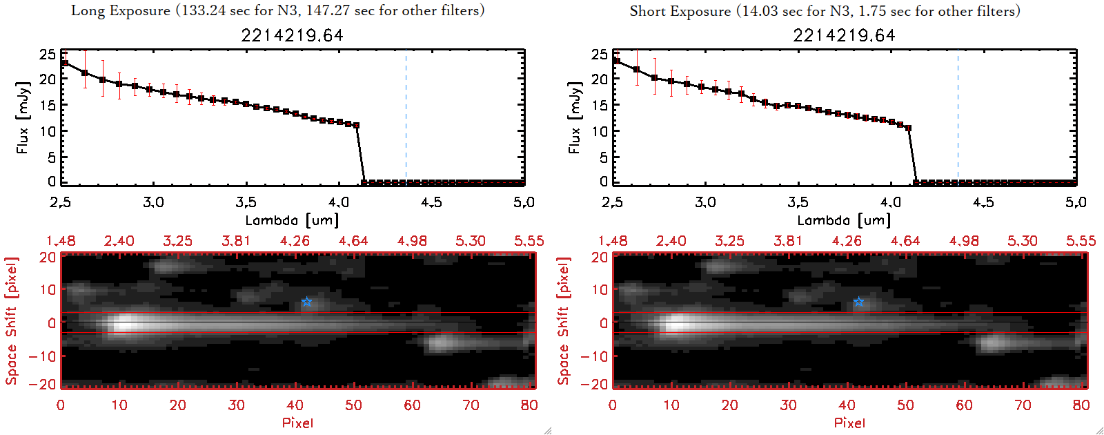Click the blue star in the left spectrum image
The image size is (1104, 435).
pyautogui.click(x=306, y=302)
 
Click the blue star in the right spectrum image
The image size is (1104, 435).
pyautogui.click(x=858, y=302)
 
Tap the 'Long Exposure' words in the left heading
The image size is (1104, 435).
pyautogui.click(x=121, y=10)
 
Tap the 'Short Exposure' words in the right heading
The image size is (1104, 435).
pyautogui.click(x=680, y=11)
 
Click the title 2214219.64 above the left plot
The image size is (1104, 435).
pyautogui.click(x=292, y=35)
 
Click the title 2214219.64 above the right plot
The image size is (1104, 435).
pyautogui.click(x=844, y=35)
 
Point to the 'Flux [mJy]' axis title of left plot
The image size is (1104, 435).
pyautogui.click(x=23, y=117)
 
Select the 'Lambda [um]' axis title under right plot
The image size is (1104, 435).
pyautogui.click(x=844, y=221)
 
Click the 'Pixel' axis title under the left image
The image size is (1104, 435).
pyautogui.click(x=297, y=423)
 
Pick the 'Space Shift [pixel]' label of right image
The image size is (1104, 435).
pyautogui.click(x=564, y=321)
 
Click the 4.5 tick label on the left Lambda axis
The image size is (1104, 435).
pyautogui.click(x=431, y=202)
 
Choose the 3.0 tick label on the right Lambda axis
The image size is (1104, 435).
pyautogui.click(x=705, y=202)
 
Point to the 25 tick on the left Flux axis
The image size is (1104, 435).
pyautogui.click(x=48, y=54)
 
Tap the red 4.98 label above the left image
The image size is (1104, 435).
pyautogui.click(x=412, y=241)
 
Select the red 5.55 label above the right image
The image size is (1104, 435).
pyautogui.click(x=1081, y=241)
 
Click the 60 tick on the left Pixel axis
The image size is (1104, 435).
pyautogui.click(x=412, y=405)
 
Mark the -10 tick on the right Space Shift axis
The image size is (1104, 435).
pyautogui.click(x=594, y=356)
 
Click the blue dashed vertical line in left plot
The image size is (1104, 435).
pyautogui.click(x=406, y=117)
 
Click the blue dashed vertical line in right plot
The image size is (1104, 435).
pyautogui.click(x=958, y=117)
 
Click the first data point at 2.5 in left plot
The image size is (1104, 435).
pyautogui.click(x=65, y=63)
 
